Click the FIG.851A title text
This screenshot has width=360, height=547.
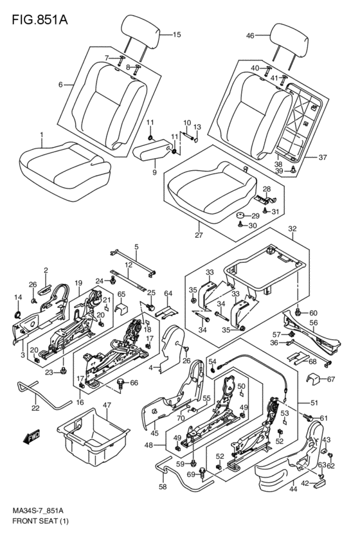[x=40, y=19]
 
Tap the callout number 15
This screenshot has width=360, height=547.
[x=177, y=35]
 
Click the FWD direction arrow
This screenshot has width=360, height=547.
[x=32, y=436]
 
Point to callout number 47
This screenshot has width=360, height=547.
[x=107, y=406]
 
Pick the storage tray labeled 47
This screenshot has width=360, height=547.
[x=93, y=436]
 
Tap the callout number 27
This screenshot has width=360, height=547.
[x=199, y=235]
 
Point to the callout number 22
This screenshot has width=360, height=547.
[x=35, y=408]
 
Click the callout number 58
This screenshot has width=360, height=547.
[x=163, y=487]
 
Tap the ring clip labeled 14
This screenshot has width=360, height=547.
[x=18, y=314]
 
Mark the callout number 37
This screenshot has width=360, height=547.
[x=323, y=157]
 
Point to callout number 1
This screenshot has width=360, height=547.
[x=42, y=134]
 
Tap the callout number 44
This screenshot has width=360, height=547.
[x=293, y=489]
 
